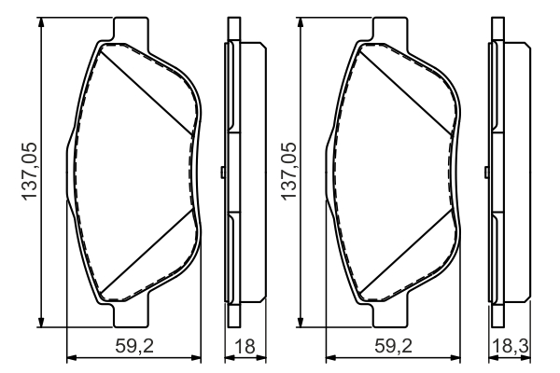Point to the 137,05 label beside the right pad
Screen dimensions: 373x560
click(x=287, y=173)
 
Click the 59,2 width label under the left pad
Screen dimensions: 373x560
click(x=134, y=346)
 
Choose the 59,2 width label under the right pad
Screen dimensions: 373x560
click(x=391, y=346)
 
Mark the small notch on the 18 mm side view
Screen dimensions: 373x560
click(x=221, y=173)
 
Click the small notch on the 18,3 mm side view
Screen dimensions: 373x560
click(x=485, y=173)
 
